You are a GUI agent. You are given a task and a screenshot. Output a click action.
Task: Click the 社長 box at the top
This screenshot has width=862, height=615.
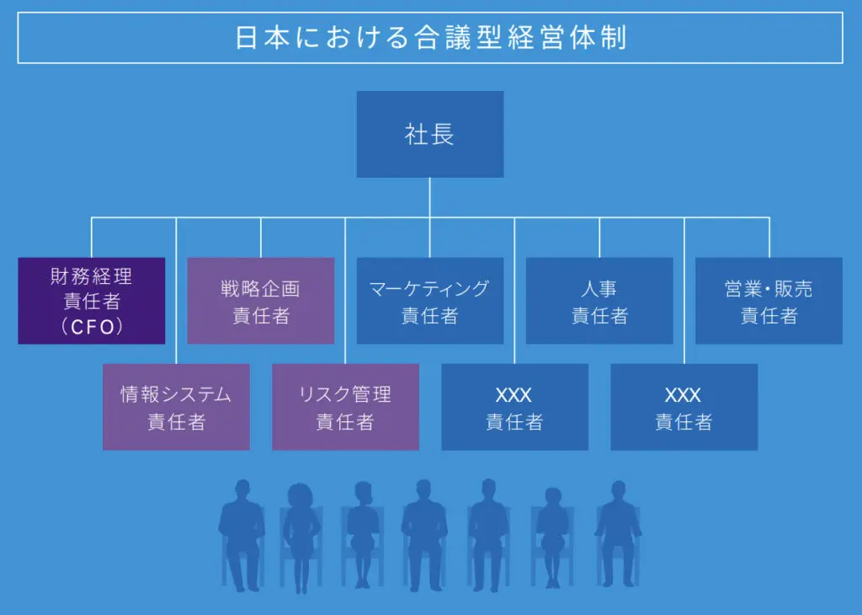coord(429,135)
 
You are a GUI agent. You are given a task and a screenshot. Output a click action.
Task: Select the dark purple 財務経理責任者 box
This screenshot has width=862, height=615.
coord(91,301)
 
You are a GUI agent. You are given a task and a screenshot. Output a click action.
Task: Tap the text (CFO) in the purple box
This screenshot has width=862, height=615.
coord(91,328)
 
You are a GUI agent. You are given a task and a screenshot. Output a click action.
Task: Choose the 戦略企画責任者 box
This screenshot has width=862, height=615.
coord(260,301)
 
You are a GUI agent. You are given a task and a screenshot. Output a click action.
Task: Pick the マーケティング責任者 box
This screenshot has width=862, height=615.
coord(429,301)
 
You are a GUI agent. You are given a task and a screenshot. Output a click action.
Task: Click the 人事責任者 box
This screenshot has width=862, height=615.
coord(599,301)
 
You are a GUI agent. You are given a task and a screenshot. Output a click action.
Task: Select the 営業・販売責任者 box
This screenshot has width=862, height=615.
coord(769,301)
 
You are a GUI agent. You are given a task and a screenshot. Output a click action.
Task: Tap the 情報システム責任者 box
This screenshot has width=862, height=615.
coord(176,407)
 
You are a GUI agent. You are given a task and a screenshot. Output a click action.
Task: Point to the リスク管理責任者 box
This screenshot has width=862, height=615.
coord(345,407)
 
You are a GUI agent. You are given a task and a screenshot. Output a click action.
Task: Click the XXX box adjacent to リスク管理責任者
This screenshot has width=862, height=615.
coord(514,407)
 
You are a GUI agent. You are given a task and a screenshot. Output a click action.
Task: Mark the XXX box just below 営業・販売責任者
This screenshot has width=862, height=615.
coord(684,407)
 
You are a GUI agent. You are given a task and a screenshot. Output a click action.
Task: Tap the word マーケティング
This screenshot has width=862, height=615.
coord(429,288)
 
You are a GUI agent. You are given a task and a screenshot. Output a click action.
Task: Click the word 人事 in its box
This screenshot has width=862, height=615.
coord(599,288)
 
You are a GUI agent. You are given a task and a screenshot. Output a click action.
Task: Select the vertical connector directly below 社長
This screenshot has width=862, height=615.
coord(429,197)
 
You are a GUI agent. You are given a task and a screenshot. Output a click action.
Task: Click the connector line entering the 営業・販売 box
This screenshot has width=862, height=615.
coord(769,238)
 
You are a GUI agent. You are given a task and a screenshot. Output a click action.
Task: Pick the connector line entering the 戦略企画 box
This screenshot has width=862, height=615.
coord(261,238)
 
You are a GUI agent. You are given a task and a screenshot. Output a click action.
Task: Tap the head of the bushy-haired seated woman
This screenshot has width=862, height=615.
coord(301,495)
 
